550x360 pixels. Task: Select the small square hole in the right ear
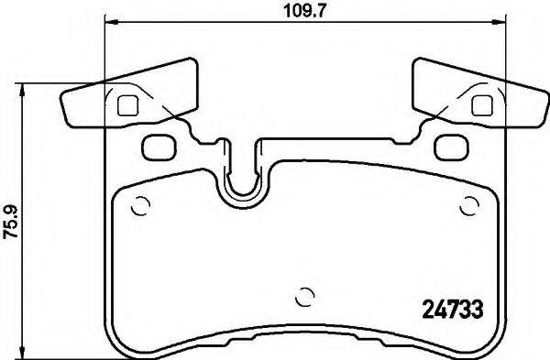click(480, 104)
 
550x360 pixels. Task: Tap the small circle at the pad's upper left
click(140, 206)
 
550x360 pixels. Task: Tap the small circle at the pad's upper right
click(469, 205)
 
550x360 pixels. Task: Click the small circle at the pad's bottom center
click(305, 297)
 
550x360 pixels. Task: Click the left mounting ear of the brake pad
click(128, 96)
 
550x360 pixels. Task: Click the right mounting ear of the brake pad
click(477, 96)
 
